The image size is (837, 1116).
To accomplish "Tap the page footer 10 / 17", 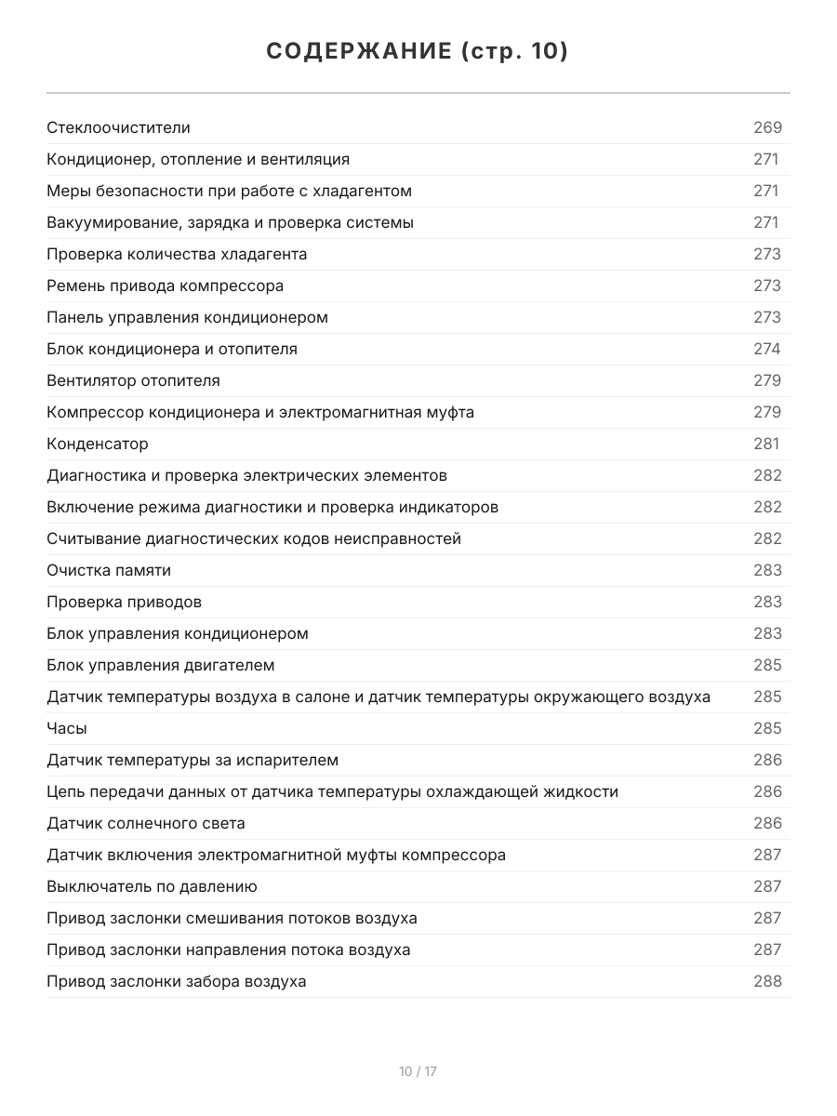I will (418, 1071).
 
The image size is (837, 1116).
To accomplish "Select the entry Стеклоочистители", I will (118, 127).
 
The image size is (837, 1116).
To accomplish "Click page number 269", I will (767, 127).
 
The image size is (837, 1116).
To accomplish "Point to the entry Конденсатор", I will (98, 444).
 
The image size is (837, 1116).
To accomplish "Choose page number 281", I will (766, 444).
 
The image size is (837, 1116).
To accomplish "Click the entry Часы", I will (67, 728).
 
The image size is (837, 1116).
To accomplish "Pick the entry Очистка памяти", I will (109, 570).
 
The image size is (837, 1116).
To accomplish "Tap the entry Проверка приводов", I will (124, 602).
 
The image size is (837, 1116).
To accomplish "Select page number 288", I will (767, 981).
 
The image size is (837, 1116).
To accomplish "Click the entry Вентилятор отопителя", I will (133, 380).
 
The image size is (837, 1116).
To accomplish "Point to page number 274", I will (767, 349).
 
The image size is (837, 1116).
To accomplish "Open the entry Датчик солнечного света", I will (146, 823).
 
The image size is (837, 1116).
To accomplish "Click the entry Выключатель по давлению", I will (152, 886).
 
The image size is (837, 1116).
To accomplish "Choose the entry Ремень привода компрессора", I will (165, 286).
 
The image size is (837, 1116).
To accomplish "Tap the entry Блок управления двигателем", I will (161, 665).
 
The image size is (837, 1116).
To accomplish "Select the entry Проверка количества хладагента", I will (177, 254).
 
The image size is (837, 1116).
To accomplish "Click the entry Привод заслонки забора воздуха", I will (176, 981).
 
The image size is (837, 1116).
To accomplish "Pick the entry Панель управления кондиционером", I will (187, 317).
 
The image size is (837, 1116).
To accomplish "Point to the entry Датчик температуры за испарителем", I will (193, 760).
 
